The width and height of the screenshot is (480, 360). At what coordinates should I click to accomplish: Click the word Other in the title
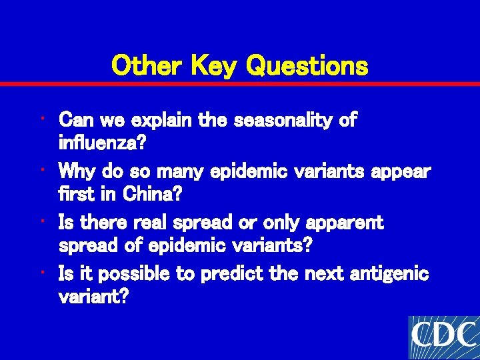147,66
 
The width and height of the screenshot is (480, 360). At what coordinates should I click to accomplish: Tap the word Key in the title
215,66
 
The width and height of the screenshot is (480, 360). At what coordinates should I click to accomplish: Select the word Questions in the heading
307,66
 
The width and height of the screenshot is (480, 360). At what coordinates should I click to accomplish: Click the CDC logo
444,337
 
